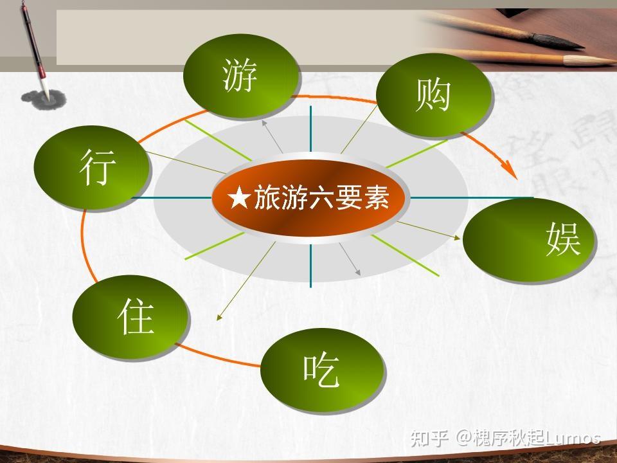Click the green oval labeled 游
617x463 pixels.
241,76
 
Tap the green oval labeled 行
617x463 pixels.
92,167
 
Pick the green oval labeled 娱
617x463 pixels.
529,240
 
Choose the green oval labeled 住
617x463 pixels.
130,316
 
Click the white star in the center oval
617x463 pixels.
239,197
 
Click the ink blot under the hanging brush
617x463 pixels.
43,99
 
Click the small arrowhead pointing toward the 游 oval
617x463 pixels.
264,123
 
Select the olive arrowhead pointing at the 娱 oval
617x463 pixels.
456,237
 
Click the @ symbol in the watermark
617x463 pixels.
463,438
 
